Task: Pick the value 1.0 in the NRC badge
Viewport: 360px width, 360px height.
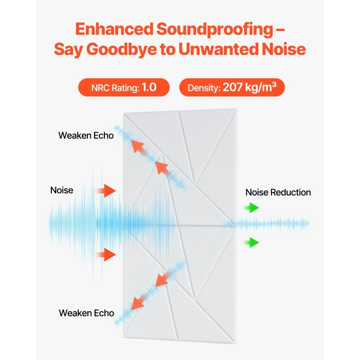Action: (149, 87)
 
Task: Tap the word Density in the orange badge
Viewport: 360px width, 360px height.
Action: (202, 88)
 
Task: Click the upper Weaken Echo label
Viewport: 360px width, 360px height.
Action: (85, 135)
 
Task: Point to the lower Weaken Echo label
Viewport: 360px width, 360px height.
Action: (86, 313)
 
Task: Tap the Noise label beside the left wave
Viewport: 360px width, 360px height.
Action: (62, 190)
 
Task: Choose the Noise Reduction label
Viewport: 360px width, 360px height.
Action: (278, 193)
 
